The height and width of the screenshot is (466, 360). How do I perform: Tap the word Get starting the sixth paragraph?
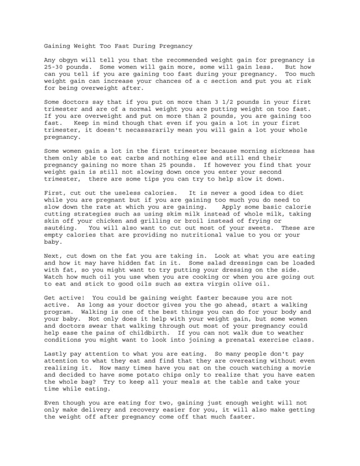[50, 297]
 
